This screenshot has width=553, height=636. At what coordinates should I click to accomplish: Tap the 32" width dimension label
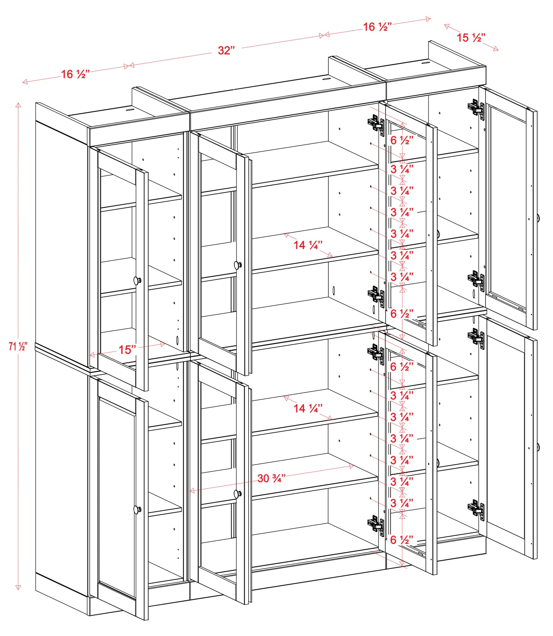[226, 50]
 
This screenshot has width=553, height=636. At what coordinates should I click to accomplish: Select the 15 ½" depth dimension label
[471, 37]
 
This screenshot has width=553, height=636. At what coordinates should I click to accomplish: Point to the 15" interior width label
[127, 350]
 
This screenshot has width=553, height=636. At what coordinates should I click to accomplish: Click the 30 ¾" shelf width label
[271, 478]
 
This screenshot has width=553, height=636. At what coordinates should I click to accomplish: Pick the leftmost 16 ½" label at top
[76, 74]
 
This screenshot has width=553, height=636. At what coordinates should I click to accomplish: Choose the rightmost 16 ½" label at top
[377, 27]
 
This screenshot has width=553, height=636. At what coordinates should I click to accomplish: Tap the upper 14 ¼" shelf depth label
[308, 245]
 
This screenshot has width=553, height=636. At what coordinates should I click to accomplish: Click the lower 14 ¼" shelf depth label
[308, 408]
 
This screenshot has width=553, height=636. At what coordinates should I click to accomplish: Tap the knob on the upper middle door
[238, 265]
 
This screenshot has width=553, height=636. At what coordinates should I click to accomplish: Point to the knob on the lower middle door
[238, 494]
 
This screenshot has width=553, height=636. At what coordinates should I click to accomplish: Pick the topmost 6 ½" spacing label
[402, 140]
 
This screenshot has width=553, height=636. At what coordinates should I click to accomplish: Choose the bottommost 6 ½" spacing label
[402, 540]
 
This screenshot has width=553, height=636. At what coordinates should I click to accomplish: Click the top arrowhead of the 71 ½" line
[18, 105]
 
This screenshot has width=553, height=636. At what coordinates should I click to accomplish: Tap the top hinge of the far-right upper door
[476, 107]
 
